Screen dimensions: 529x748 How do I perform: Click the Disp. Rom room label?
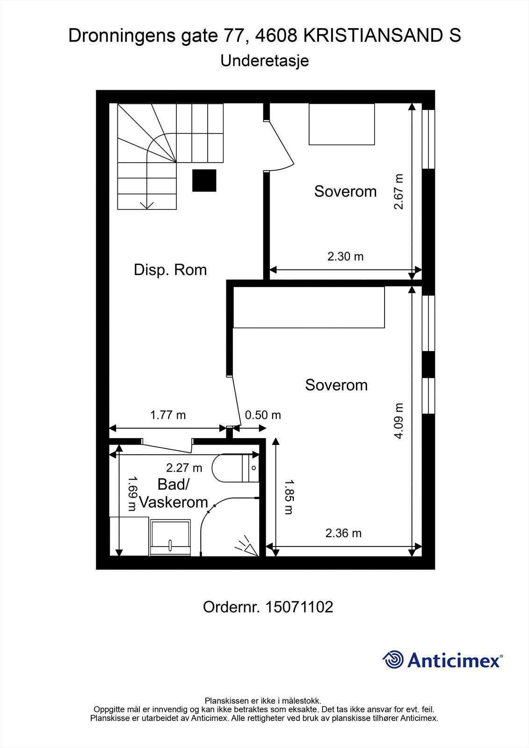(x=170, y=270)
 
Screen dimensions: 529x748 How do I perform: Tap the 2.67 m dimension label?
(x=399, y=191)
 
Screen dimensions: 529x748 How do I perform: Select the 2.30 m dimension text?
(x=345, y=257)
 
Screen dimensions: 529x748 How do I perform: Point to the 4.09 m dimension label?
(x=399, y=421)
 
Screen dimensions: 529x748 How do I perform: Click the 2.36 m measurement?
(x=343, y=533)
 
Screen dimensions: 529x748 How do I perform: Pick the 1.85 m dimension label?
(x=289, y=497)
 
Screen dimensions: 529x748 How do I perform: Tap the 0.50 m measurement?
(x=263, y=415)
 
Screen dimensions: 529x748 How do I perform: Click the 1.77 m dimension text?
(x=168, y=415)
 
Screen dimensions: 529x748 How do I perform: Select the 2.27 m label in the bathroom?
(x=184, y=468)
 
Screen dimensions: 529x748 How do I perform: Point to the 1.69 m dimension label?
(x=132, y=493)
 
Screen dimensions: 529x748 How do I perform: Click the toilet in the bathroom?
(x=236, y=468)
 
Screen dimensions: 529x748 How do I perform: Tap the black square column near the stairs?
(x=204, y=180)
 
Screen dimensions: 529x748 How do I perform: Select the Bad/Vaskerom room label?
(x=174, y=493)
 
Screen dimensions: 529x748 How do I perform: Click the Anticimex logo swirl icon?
(x=393, y=660)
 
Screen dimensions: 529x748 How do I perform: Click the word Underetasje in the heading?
(x=265, y=61)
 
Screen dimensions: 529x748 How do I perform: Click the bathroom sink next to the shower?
(x=170, y=538)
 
